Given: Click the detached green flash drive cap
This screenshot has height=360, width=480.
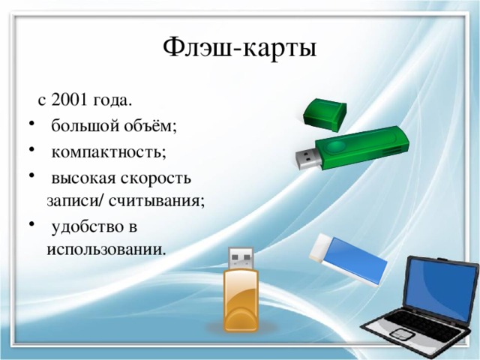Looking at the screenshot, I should (324, 113).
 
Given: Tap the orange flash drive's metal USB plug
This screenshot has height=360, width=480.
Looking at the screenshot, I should (241, 259).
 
